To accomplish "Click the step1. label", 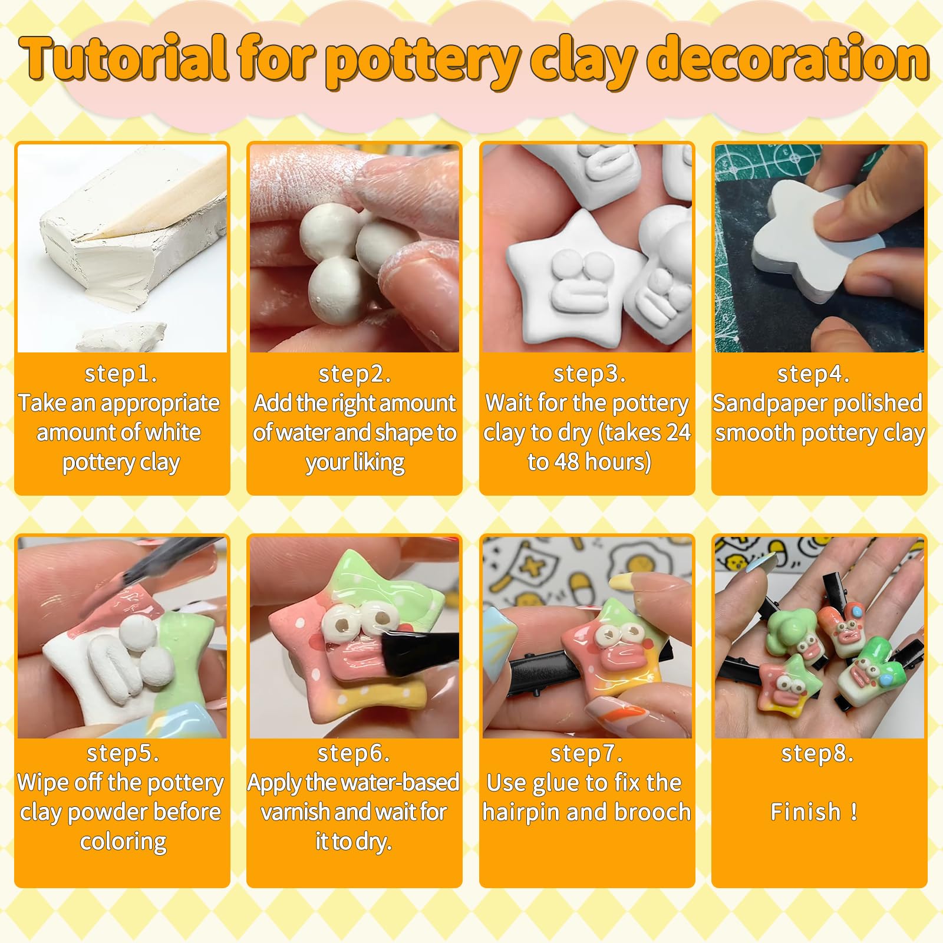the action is tap(121, 374).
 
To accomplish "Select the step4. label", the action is tap(814, 374).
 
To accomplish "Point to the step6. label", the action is tap(354, 753).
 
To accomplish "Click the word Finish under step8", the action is tap(806, 812).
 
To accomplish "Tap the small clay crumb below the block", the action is tap(124, 336).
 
